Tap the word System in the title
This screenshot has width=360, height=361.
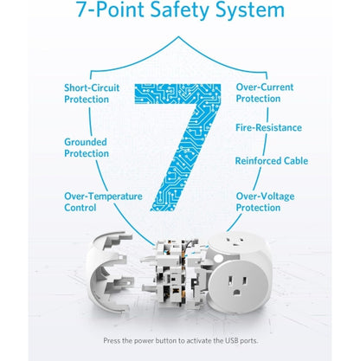coord(252,11)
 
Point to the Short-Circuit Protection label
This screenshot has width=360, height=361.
coord(99,93)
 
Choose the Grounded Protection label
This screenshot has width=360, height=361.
coord(87,147)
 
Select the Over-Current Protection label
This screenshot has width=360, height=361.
coord(264,93)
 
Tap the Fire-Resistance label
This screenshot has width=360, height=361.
coord(268,127)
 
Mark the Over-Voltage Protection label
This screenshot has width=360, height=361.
coord(264,202)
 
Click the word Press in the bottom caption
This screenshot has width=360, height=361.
coord(113,341)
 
